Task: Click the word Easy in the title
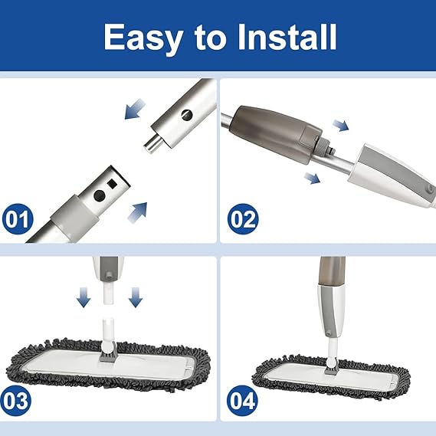coord(143,38)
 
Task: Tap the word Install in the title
coord(287,37)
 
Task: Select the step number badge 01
coord(18,219)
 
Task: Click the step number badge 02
coord(243,219)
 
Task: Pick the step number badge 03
coord(15,401)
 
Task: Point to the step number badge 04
coord(242,401)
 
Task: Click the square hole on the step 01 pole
coord(112,183)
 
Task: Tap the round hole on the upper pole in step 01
coord(187,115)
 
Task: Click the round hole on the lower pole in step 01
coord(100,195)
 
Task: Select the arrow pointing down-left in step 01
coord(135,110)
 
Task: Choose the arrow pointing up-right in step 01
coord(137,212)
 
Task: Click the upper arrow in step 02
coord(341,126)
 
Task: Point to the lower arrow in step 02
coord(313,178)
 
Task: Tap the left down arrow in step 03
coord(84,297)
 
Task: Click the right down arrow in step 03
coord(136,297)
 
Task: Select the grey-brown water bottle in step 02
coord(276,133)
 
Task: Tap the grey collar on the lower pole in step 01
coord(75,216)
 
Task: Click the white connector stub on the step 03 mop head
coord(108,331)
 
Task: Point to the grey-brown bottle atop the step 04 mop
coord(333,271)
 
